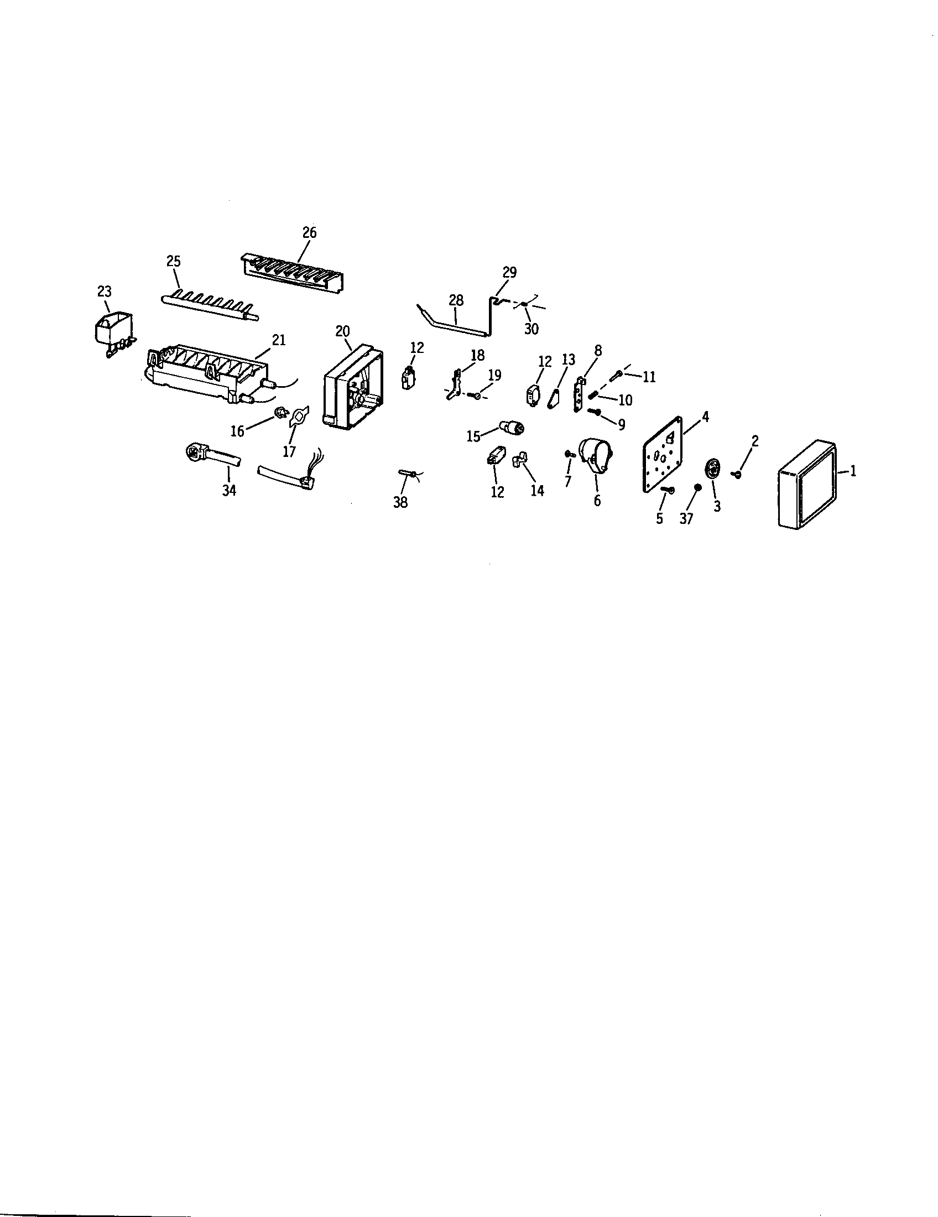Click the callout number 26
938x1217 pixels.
pos(309,233)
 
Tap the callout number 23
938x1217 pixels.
pos(104,292)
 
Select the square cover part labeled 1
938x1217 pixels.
pos(806,483)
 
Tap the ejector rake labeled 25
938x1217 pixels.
pos(209,305)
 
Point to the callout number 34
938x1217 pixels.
pos(229,490)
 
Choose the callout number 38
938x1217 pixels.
pos(400,503)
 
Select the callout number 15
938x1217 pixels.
pos(473,436)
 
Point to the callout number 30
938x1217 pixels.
pos(531,329)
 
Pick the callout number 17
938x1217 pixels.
pos(289,451)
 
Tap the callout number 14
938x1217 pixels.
pos(537,491)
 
